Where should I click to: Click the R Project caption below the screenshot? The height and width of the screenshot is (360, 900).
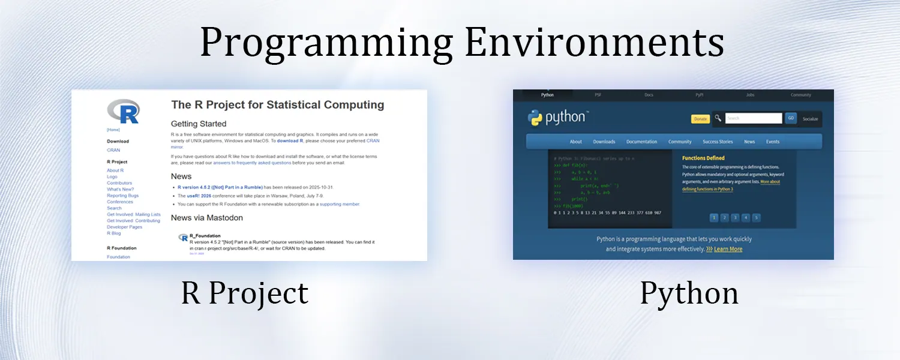245,293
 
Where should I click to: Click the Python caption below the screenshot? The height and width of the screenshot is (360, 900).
689,293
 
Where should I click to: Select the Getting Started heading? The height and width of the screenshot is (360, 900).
199,124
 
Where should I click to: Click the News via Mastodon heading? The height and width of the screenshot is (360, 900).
207,218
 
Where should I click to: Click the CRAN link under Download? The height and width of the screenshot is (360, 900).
113,150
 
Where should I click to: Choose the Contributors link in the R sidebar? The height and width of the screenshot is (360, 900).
119,183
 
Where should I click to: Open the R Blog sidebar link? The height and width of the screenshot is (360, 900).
113,233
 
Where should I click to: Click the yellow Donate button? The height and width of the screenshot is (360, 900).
700,119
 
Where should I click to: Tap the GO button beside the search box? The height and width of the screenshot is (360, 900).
791,118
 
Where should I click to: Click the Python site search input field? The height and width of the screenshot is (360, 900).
753,118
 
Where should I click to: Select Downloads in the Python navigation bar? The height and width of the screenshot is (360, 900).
604,142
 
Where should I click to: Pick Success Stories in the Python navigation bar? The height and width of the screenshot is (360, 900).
718,142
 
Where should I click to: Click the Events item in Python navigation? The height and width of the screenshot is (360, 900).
773,142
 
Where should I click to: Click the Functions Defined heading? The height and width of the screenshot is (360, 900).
703,158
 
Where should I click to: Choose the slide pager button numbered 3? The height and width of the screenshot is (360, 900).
734,218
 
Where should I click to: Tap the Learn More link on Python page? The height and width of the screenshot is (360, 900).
728,249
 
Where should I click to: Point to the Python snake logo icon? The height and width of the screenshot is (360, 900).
535,118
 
